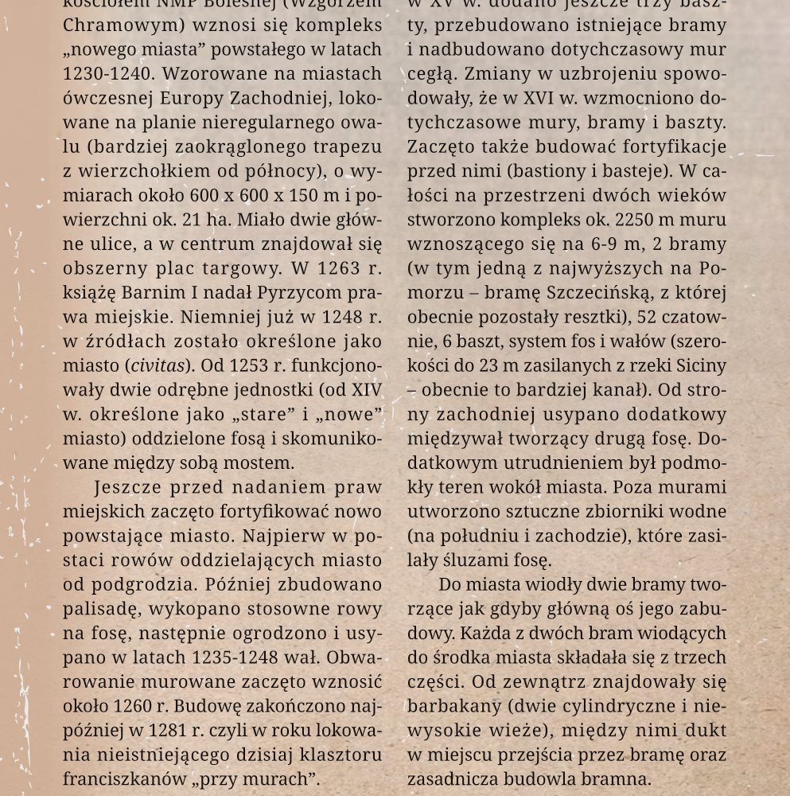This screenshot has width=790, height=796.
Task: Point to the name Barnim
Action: click(152, 292)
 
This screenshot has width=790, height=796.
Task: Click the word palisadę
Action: click(99, 609)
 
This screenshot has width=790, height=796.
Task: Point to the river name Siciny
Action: click(703, 365)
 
